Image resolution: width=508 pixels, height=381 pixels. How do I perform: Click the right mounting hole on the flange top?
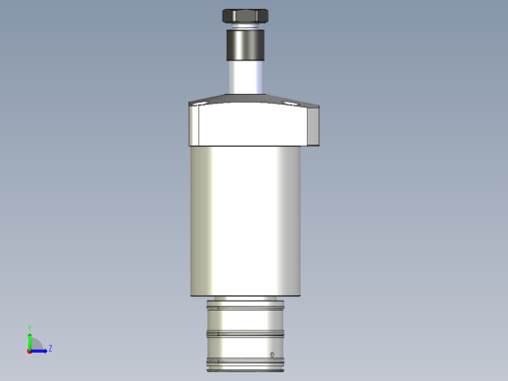coord(289,101)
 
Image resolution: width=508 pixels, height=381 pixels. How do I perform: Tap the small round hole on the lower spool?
coord(272,354)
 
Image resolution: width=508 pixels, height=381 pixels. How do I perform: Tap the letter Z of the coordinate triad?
coord(50,348)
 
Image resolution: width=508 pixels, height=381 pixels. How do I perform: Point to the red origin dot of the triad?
coord(29,350)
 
